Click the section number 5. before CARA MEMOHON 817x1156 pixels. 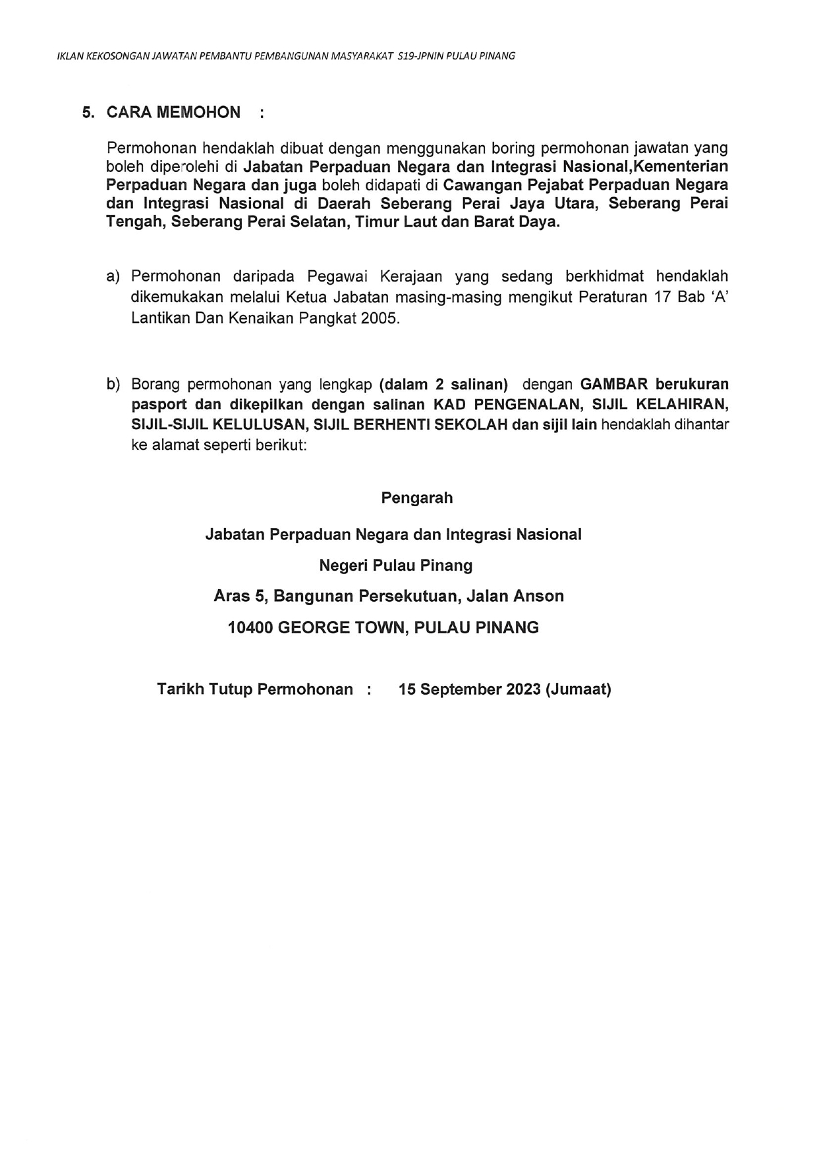coord(88,113)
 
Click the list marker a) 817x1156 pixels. coord(113,276)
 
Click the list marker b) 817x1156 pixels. coord(113,384)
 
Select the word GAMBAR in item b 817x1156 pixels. coord(614,384)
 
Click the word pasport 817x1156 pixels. coord(159,405)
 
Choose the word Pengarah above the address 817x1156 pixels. coord(416,498)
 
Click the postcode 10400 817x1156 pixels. coord(250,628)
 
